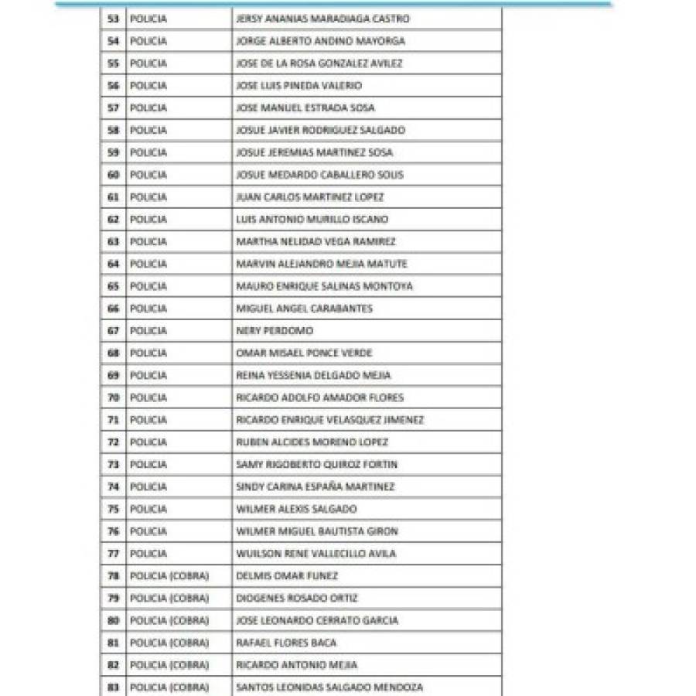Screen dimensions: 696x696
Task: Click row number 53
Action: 114,19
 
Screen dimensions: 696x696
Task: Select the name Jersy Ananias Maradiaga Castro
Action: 322,19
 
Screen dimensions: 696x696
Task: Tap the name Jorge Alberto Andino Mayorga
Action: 320,41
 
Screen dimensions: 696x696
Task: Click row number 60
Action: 114,175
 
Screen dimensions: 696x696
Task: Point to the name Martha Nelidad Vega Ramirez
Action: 316,242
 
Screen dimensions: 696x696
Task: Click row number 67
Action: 114,331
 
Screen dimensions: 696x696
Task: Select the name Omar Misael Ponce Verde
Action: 304,353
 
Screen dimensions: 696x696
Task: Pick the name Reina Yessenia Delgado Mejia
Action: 313,376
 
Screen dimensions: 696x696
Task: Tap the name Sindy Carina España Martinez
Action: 315,487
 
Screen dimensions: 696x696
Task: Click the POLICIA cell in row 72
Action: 148,442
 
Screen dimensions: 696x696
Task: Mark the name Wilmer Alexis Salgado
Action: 296,510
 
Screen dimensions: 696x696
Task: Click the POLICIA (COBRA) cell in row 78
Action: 169,576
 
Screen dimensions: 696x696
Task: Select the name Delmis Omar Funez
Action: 287,576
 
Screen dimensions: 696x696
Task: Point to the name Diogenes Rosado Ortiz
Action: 297,599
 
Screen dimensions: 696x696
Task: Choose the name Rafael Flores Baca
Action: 286,643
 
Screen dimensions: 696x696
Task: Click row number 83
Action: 114,687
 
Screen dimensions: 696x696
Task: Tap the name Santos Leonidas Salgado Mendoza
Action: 329,687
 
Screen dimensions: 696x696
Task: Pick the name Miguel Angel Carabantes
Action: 304,309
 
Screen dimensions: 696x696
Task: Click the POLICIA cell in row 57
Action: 148,108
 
